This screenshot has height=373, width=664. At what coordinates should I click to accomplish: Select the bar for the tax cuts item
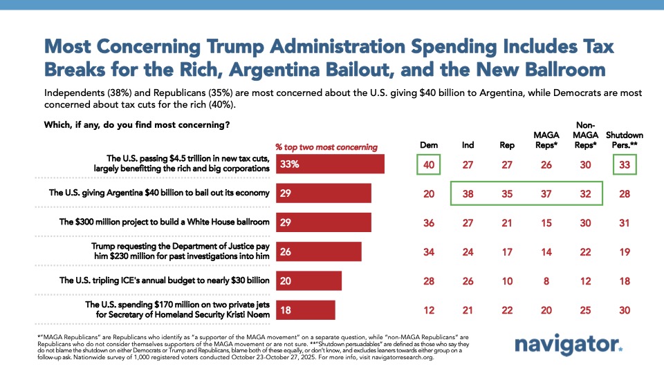[331, 164]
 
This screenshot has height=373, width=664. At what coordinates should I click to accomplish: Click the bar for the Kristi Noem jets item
[306, 309]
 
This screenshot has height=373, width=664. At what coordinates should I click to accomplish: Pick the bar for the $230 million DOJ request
[319, 251]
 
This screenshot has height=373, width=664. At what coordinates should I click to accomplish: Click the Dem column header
[428, 145]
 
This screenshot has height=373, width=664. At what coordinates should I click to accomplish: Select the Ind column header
[468, 145]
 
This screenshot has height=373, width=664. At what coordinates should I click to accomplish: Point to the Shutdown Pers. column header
[624, 140]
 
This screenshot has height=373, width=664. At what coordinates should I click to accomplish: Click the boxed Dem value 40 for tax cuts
[428, 164]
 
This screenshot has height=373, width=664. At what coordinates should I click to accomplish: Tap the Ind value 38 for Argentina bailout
[468, 193]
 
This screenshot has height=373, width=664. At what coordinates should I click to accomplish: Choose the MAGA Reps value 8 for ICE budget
[546, 280]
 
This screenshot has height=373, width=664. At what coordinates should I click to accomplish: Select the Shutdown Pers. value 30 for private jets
[624, 309]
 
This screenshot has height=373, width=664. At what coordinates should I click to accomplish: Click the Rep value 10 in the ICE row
[507, 280]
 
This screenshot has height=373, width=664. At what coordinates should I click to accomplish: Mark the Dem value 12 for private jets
[428, 309]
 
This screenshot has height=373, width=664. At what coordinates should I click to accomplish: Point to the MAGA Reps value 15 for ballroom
[546, 222]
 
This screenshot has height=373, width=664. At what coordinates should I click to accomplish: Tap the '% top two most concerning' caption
[326, 146]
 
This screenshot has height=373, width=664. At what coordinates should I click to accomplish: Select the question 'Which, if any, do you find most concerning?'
[137, 125]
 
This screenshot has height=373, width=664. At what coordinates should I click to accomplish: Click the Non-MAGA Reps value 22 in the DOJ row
[585, 251]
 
